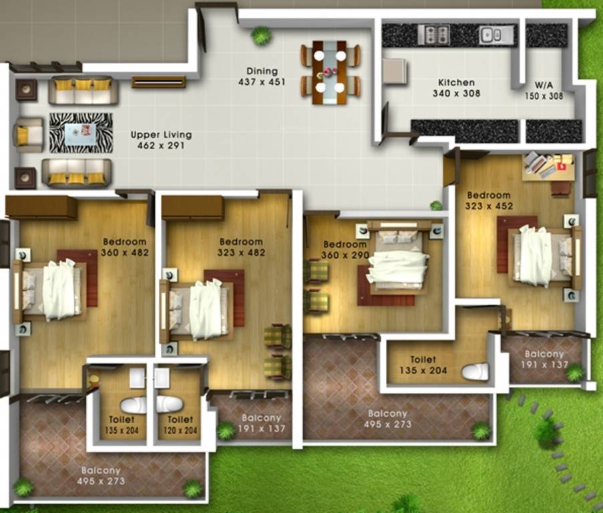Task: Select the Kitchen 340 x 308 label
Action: (x=457, y=88)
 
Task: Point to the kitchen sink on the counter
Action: (x=495, y=35)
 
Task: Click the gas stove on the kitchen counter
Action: (x=433, y=35)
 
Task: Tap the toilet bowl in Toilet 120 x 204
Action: (x=168, y=405)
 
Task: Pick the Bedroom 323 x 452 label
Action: (x=489, y=200)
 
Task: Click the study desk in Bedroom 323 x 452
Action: (x=547, y=166)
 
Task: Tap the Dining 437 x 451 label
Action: (x=261, y=77)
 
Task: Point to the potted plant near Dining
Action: (x=261, y=35)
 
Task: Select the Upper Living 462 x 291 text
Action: (x=157, y=139)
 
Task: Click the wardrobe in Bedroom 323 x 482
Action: (x=192, y=207)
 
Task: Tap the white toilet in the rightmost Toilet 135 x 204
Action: (x=475, y=371)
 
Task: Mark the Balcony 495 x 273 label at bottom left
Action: (x=102, y=475)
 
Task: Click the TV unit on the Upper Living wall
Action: (x=158, y=81)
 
